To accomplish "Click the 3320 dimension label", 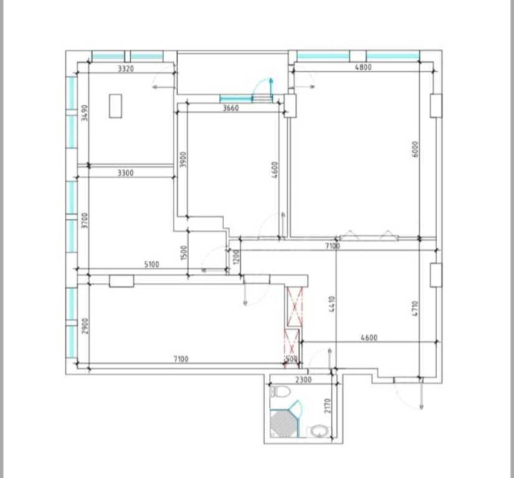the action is [126, 68].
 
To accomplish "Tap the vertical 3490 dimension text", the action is [85, 113].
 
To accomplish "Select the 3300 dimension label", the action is [126, 172].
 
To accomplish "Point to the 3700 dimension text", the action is [85, 221].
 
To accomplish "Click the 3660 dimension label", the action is [231, 108].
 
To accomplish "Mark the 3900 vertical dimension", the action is [184, 159].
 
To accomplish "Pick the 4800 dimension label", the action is [363, 67].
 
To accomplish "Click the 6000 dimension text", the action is [415, 149].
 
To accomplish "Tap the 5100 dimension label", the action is [152, 265].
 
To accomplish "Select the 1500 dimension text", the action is [184, 253].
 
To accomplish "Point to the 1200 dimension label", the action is [236, 256].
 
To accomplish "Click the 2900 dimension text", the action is [85, 326].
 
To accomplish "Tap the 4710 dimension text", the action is [415, 309].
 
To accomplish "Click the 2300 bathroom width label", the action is [303, 380].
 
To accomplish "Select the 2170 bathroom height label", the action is [328, 406].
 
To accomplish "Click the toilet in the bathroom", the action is [280, 391].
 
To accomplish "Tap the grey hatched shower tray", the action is [283, 423].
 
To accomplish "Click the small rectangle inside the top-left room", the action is [115, 106].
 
